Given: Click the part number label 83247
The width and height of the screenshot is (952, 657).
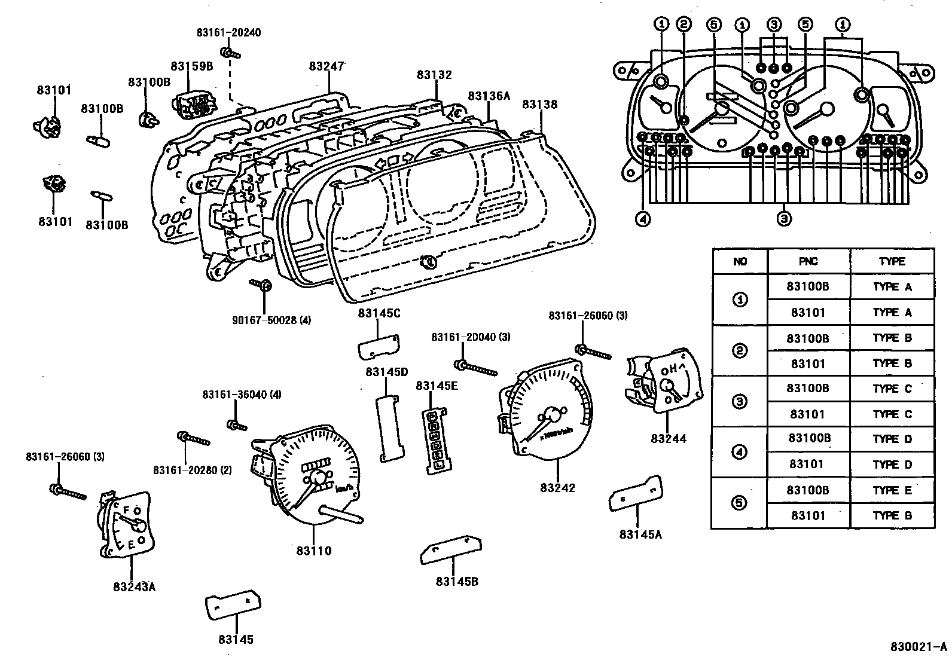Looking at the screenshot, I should coord(327,66).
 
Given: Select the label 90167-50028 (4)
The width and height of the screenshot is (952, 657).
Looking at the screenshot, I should coord(271,320).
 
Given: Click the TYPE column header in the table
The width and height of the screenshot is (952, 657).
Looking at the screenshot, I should coord(892,261).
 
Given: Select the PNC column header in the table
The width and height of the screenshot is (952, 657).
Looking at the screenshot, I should coord(808,261).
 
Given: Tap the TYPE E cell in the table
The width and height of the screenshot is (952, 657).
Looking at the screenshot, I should coord(892,490).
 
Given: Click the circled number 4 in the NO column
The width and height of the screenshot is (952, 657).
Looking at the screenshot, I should coord(740,452).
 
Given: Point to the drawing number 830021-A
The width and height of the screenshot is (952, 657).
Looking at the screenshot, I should coord(918,647).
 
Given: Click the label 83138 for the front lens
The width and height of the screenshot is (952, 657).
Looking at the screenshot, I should coord(539,105).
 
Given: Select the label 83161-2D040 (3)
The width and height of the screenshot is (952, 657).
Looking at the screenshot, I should coord(471,337).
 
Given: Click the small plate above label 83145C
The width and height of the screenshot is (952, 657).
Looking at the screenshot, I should coord(379,347).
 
